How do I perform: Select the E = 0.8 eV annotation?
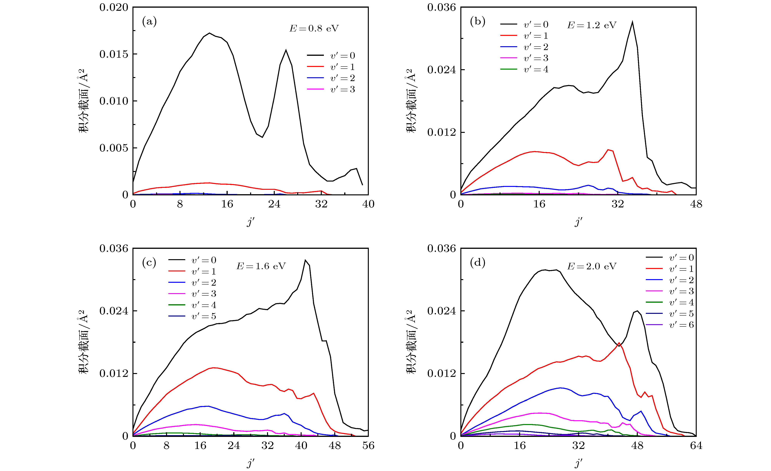tap(314, 28)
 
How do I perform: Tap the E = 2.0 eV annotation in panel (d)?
tap(592, 266)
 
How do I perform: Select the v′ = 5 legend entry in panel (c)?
tap(203, 316)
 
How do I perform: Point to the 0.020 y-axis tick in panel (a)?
tap(114, 7)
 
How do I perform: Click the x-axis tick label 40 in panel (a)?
tap(368, 204)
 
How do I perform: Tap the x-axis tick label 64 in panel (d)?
tap(696, 445)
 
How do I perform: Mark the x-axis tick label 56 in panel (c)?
tap(368, 445)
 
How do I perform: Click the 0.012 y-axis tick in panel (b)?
tap(442, 132)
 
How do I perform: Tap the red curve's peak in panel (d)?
tap(619, 343)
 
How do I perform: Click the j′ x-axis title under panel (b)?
tap(578, 222)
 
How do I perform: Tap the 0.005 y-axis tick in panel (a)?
tap(114, 148)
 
